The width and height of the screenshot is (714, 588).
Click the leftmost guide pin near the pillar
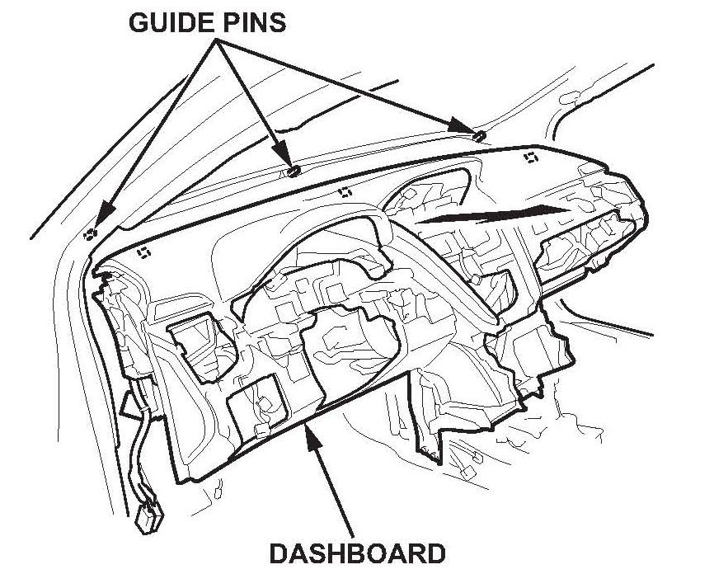tap(89, 235)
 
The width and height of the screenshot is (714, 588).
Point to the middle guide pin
tap(294, 170)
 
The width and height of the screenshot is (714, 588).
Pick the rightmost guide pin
tap(479, 134)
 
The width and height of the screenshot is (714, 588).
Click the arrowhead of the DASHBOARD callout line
tap(311, 431)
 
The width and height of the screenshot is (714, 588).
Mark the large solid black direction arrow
tap(495, 215)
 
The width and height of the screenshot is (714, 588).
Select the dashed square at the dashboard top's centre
tap(345, 191)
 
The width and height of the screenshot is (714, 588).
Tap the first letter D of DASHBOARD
tap(279, 551)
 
